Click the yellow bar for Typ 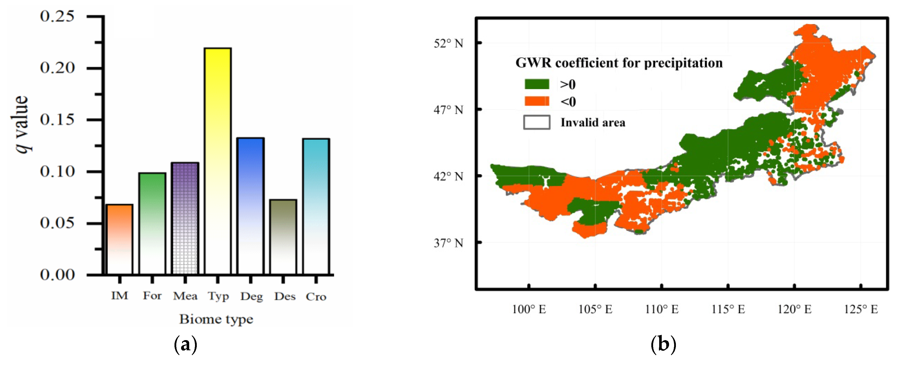click(218, 161)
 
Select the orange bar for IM click(119, 239)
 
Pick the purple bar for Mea click(185, 218)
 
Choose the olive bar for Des click(283, 237)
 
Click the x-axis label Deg click(251, 297)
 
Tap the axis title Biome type click(216, 319)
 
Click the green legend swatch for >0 click(537, 84)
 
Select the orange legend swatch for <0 click(537, 102)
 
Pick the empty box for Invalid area click(537, 122)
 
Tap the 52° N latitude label click(448, 43)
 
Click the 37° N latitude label click(448, 243)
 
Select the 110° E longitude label click(662, 309)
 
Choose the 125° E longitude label click(861, 309)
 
